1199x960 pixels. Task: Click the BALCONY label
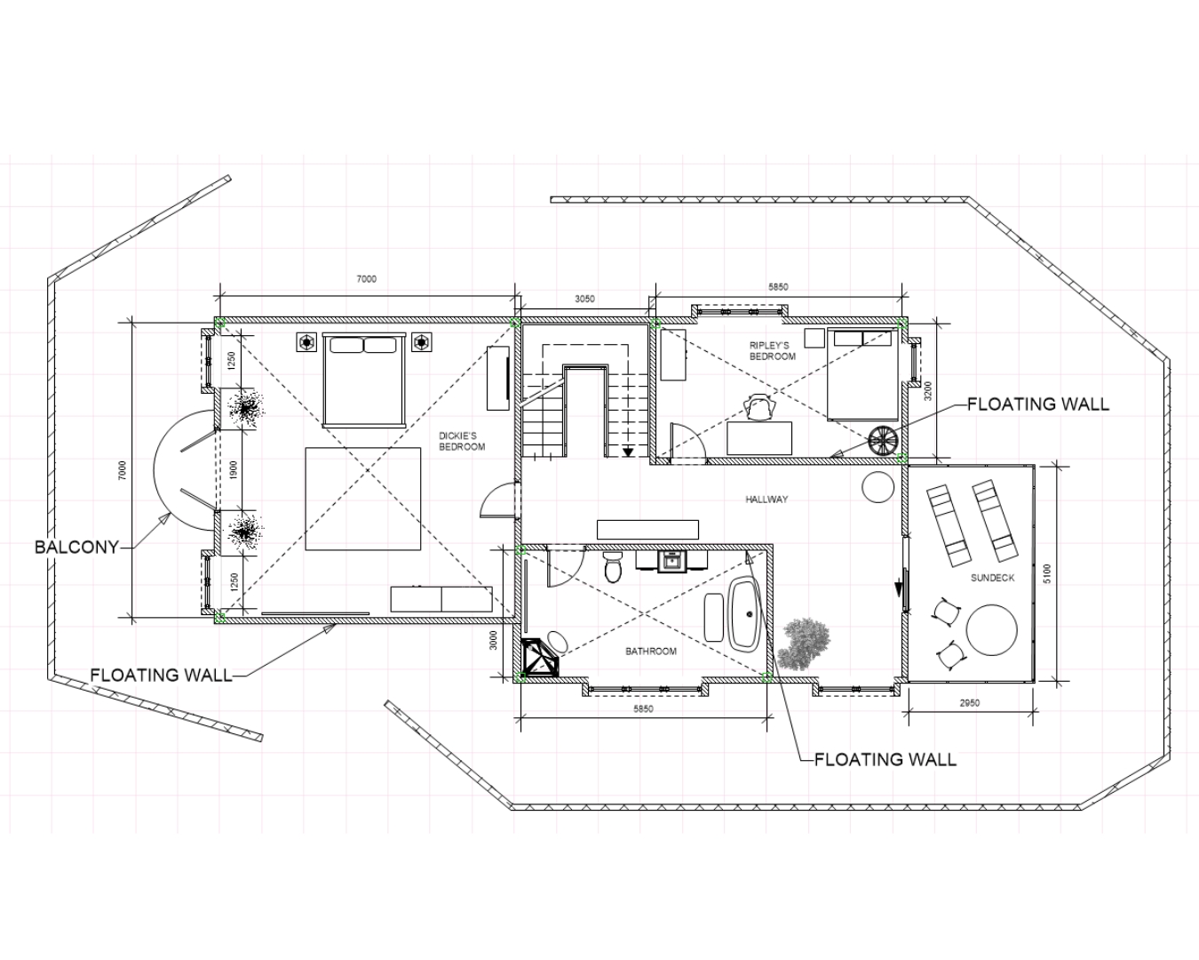point(77,548)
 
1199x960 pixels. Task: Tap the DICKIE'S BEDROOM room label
point(462,441)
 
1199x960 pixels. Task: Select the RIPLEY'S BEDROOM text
point(772,351)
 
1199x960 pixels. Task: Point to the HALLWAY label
point(766,500)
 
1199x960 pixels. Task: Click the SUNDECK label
point(992,578)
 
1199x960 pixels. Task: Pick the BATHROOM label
point(651,651)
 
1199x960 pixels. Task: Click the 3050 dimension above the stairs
point(584,299)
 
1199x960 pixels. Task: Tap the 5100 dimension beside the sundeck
point(1047,573)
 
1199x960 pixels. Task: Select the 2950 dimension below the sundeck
point(970,703)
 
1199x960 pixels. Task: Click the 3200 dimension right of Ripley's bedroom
point(927,391)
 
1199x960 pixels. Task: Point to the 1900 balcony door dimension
point(234,469)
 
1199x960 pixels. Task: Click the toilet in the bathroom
point(614,567)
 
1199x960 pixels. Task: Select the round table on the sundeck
point(992,630)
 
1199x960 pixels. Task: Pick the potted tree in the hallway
point(804,644)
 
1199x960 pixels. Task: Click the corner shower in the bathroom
point(539,657)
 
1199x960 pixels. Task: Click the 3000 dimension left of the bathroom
point(493,640)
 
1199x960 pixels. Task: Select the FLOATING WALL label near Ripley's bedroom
point(1038,404)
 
